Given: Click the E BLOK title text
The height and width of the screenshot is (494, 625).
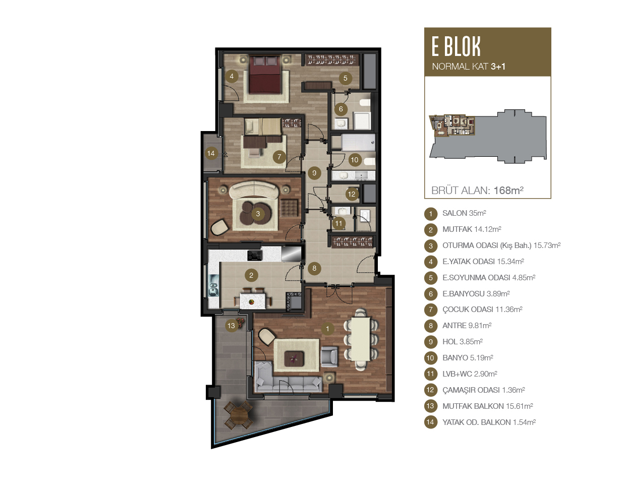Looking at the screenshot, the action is [x=456, y=46].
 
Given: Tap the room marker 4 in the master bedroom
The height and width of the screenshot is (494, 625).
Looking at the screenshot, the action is [x=232, y=76].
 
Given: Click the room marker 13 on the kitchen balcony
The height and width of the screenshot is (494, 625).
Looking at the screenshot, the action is [x=231, y=325].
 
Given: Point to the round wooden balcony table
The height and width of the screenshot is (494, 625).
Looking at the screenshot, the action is [x=238, y=415].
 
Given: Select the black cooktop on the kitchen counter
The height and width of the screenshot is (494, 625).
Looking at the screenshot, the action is [x=255, y=256].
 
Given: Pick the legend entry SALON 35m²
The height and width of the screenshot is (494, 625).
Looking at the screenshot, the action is [x=464, y=213].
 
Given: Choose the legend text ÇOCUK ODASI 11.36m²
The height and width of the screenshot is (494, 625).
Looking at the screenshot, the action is [x=482, y=310].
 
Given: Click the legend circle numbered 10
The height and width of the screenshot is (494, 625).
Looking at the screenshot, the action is [x=430, y=358].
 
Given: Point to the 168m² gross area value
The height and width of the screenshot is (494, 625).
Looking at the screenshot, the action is [x=508, y=191].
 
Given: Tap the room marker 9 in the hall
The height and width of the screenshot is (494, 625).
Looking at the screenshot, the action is [x=314, y=173].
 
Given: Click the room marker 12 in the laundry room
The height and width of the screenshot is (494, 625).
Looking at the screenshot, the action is [x=352, y=194].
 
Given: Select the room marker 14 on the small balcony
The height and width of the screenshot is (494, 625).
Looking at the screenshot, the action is [x=211, y=153].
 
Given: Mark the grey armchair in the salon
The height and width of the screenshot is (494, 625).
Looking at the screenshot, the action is [x=329, y=356].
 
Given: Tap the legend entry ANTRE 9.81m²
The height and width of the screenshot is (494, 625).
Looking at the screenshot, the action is [x=467, y=326].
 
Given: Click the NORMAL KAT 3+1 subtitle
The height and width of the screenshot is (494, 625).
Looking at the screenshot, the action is [x=469, y=67].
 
